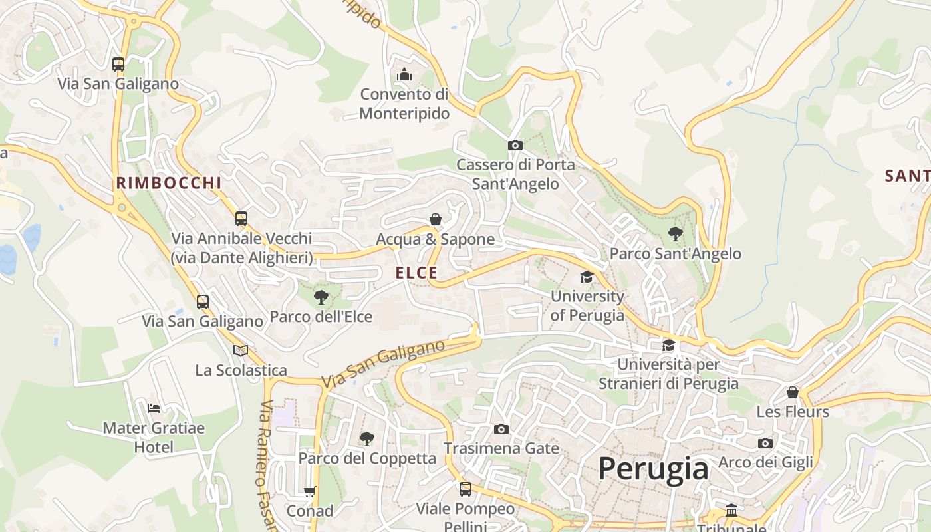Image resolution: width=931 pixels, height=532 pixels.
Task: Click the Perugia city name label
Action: point(653,469)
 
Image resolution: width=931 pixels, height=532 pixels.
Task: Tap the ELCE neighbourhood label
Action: point(416,273)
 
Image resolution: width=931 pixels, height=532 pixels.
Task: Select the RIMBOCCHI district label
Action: point(168,183)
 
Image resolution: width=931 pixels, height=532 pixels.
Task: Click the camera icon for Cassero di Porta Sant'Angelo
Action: point(515,145)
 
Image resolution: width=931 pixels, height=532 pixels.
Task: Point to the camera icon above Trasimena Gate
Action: point(501,430)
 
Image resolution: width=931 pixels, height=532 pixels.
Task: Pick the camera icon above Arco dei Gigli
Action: point(765,443)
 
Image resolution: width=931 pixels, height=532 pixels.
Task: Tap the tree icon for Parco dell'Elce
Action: point(321,297)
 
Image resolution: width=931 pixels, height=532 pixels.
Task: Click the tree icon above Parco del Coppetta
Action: point(366,438)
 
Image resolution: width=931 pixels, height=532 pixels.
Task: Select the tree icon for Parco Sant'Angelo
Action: point(675,233)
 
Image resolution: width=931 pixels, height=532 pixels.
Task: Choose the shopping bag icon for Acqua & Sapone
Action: point(436,219)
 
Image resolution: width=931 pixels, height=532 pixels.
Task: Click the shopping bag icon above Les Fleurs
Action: point(792,392)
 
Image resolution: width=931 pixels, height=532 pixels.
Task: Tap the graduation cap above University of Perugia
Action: point(587,277)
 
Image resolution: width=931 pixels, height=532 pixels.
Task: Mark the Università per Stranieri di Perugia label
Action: point(668,374)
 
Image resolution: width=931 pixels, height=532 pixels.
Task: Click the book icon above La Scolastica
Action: point(241,350)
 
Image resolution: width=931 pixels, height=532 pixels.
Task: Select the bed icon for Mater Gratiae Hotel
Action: point(154,408)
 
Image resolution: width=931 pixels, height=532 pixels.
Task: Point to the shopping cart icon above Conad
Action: point(309,492)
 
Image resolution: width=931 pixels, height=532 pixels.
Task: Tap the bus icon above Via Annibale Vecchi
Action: point(241,218)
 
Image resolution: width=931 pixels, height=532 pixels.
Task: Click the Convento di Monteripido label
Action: point(404,104)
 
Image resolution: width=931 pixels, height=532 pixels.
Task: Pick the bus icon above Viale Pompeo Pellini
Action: point(465,489)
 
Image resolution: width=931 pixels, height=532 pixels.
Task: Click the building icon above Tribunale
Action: point(731,511)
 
